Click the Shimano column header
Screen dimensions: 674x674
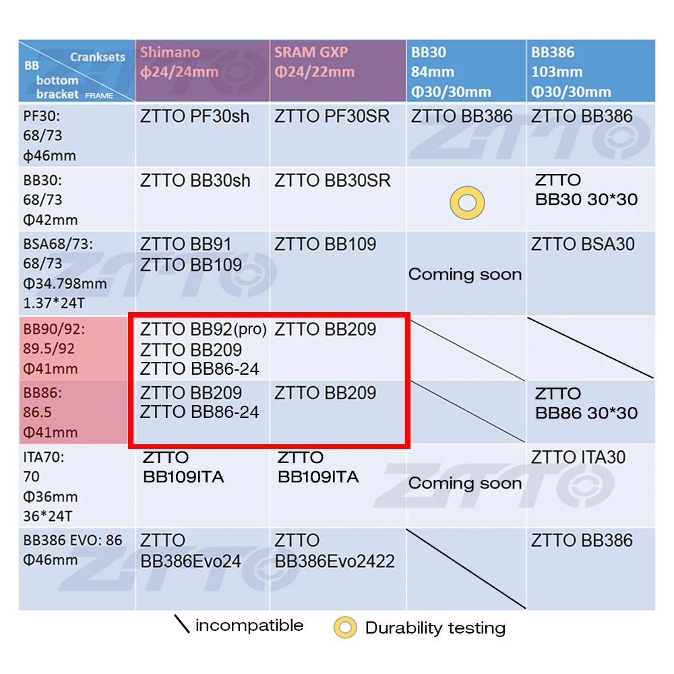(180, 61)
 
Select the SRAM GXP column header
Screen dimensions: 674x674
(314, 61)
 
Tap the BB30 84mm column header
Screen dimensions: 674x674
(450, 72)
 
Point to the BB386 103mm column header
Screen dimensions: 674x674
(570, 72)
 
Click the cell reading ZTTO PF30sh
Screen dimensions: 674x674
(195, 117)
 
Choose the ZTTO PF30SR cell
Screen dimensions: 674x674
(332, 117)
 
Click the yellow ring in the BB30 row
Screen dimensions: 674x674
(466, 203)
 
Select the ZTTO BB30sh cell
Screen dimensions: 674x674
(195, 181)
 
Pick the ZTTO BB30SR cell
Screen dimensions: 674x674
(332, 181)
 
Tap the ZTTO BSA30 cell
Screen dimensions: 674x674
(582, 244)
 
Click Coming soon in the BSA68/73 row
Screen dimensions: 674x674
(465, 274)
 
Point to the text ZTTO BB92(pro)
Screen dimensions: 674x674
(204, 330)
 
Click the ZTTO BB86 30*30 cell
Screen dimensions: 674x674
(586, 403)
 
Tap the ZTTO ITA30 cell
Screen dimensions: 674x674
(578, 458)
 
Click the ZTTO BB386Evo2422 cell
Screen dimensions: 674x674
(334, 551)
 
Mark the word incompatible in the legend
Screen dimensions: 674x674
(249, 625)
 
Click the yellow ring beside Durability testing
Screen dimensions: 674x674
(345, 627)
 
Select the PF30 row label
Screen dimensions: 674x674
(51, 135)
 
